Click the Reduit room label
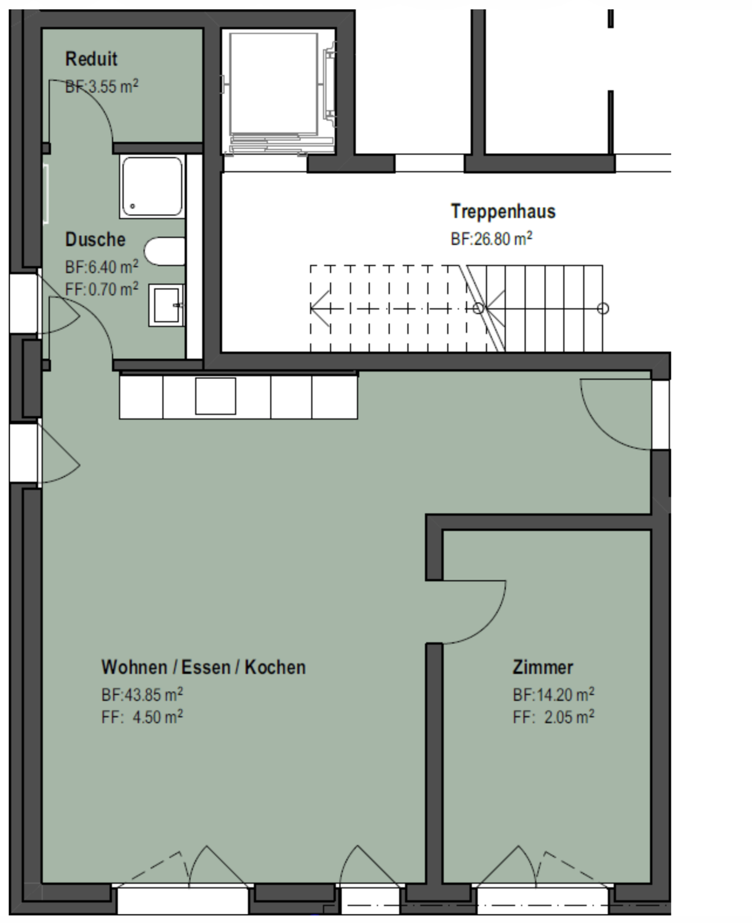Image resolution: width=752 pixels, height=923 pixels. pyautogui.click(x=91, y=59)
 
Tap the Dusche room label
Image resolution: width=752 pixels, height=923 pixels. pyautogui.click(x=95, y=239)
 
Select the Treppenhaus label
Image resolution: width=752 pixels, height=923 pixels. pyautogui.click(x=503, y=212)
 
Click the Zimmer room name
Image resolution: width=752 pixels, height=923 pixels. pyautogui.click(x=543, y=667)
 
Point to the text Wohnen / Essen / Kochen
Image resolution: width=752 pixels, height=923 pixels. pyautogui.click(x=203, y=667)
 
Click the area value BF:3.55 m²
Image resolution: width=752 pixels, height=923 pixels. pyautogui.click(x=102, y=86)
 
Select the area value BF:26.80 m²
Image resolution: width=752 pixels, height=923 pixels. pyautogui.click(x=492, y=239)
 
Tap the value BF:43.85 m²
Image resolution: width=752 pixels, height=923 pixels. pyautogui.click(x=142, y=695)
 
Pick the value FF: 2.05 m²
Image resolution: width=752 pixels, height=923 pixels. pyautogui.click(x=553, y=717)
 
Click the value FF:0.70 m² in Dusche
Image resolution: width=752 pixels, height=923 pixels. pyautogui.click(x=102, y=289)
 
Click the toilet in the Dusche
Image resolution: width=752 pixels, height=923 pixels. pyautogui.click(x=165, y=251)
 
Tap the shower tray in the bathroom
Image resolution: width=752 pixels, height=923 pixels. pyautogui.click(x=152, y=186)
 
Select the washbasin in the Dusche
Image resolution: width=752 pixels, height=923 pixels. pyautogui.click(x=166, y=305)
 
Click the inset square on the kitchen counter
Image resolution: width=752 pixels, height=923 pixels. pyautogui.click(x=215, y=396)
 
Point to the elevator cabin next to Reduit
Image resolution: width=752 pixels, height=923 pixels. pyautogui.click(x=273, y=84)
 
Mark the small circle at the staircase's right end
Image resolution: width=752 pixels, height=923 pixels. pyautogui.click(x=603, y=308)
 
